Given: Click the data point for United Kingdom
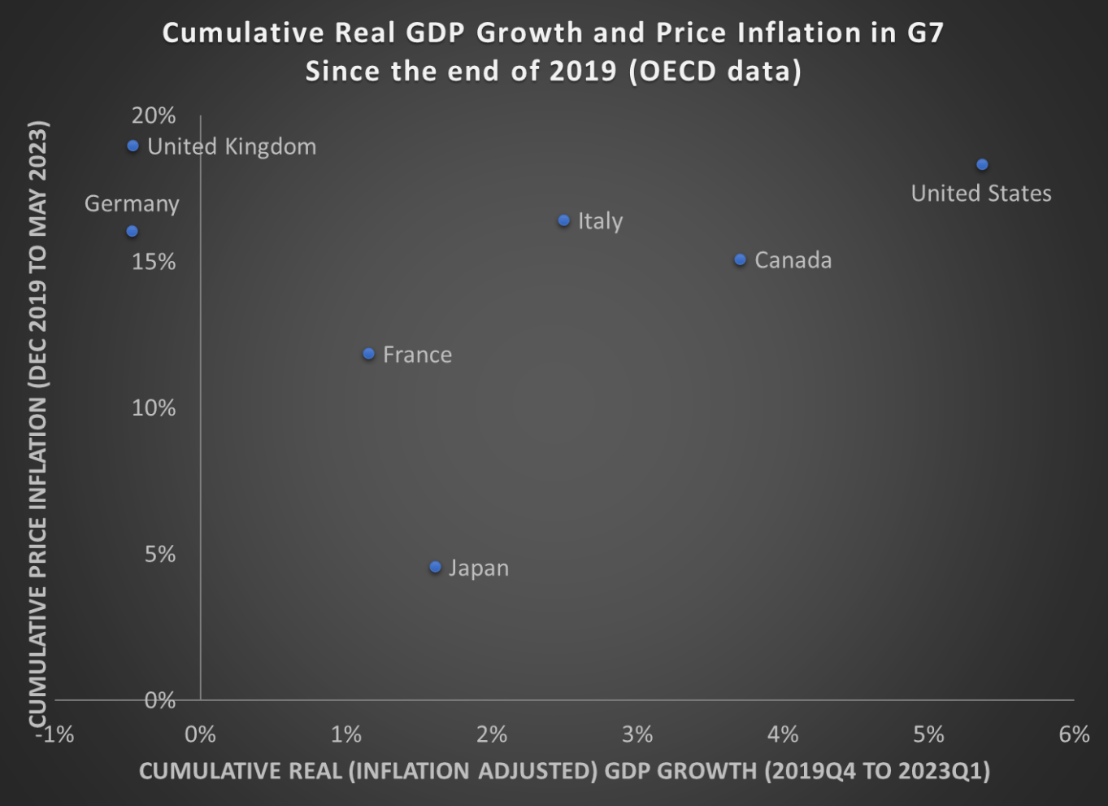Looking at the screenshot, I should (x=133, y=146).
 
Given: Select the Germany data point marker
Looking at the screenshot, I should (x=133, y=232).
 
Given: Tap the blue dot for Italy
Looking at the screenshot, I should (x=564, y=221).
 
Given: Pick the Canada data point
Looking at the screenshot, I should (x=741, y=260).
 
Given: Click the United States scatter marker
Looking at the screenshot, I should (x=982, y=165).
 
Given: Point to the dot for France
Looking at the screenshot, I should (x=369, y=354).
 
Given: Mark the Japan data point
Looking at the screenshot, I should (x=436, y=567).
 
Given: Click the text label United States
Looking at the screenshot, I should (x=980, y=194).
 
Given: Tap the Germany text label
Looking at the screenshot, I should (x=132, y=203).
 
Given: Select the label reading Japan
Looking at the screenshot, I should (x=479, y=568).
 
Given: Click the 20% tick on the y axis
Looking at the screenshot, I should (x=154, y=115).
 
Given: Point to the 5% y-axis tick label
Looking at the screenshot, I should (x=160, y=555).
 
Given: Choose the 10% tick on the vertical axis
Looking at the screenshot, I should (x=154, y=408).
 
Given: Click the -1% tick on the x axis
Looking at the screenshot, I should (x=55, y=735).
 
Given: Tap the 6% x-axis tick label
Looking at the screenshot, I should (x=1074, y=735).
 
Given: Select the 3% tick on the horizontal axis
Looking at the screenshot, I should (x=637, y=735).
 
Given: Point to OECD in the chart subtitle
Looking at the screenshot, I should (x=678, y=72).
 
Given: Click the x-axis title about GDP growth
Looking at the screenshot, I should (x=564, y=771).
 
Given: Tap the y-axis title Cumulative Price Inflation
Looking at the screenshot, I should (x=38, y=423).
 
